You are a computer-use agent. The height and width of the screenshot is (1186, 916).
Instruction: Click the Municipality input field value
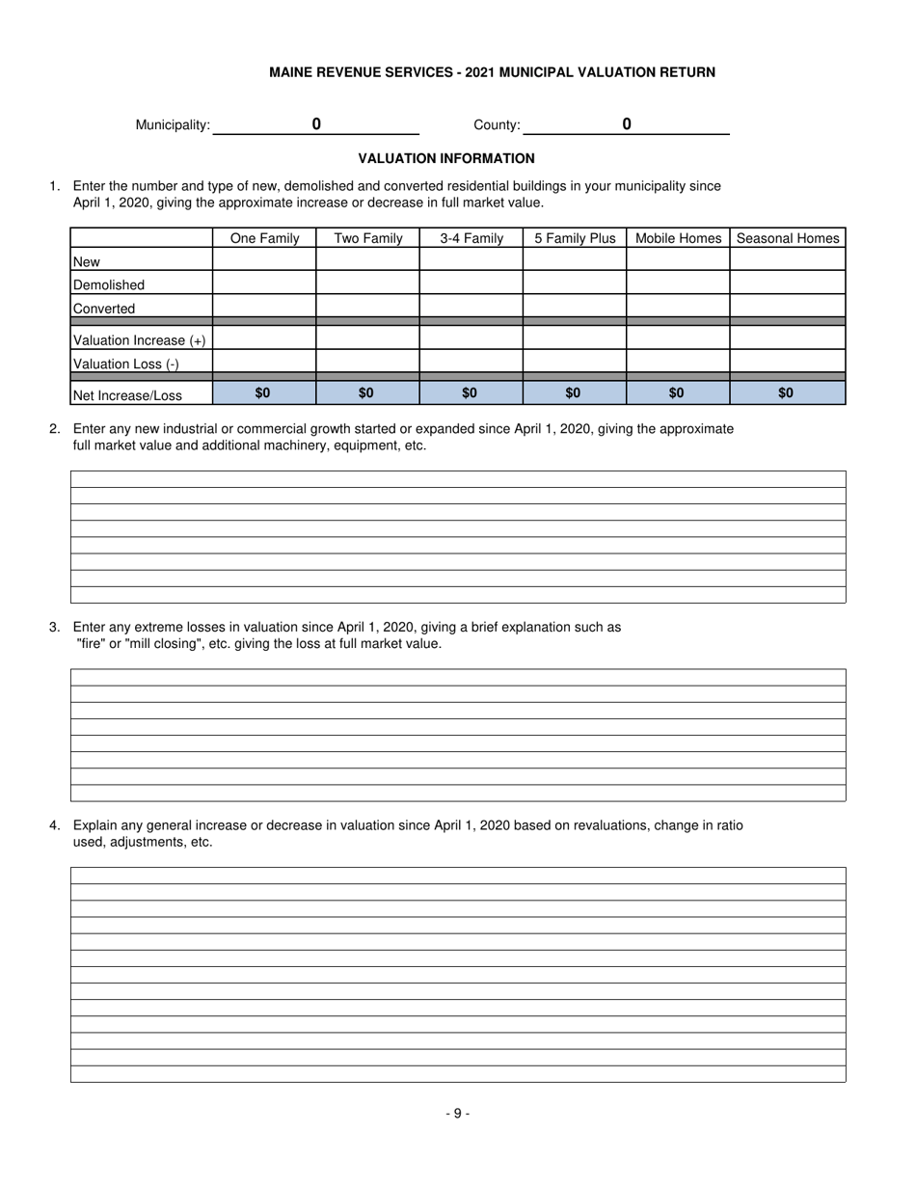point(316,124)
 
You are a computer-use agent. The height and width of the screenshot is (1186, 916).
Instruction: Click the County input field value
point(627,124)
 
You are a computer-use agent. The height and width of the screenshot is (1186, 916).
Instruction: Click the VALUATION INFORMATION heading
point(446,158)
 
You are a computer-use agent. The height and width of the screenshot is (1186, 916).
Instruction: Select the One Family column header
point(264,238)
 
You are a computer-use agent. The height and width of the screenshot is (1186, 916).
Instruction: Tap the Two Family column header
point(367,238)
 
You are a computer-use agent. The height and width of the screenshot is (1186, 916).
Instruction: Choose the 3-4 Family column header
point(471,238)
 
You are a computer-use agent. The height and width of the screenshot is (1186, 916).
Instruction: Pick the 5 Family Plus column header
point(575,238)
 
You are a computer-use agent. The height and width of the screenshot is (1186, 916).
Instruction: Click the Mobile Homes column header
point(678,238)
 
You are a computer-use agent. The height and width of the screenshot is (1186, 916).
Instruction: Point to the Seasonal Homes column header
point(787,238)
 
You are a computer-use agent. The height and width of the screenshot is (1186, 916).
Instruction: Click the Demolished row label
point(109,285)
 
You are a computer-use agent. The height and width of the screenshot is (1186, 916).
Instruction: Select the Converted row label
point(104,309)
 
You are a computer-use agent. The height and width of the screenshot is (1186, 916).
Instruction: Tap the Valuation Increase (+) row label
point(140,340)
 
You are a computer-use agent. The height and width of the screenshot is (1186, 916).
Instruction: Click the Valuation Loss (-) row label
point(126,364)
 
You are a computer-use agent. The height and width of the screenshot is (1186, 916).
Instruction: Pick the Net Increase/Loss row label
point(128,394)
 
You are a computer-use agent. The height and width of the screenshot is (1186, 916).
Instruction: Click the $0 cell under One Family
point(263,393)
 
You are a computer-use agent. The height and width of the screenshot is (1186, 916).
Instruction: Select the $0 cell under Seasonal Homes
point(787,393)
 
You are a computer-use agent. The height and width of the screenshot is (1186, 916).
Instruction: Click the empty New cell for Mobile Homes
point(678,260)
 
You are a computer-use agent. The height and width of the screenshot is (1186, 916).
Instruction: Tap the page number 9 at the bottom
point(457,1113)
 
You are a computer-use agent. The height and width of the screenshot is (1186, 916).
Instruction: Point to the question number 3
point(55,627)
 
